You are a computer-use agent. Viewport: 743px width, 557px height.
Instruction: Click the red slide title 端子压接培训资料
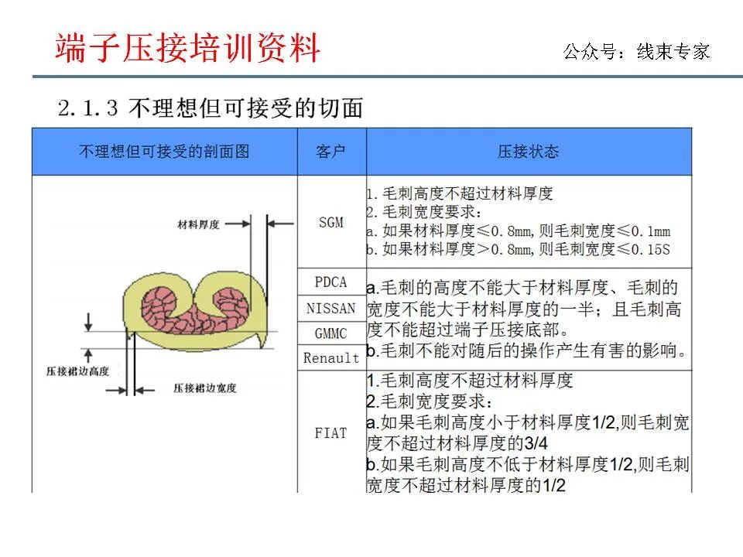pyautogui.click(x=188, y=49)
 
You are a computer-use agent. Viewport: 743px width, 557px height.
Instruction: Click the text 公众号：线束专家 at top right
pyautogui.click(x=636, y=53)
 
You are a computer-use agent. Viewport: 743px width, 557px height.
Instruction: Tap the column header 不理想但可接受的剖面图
pyautogui.click(x=164, y=152)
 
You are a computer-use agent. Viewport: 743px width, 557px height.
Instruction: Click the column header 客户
pyautogui.click(x=331, y=152)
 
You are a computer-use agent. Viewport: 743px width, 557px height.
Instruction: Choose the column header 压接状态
pyautogui.click(x=528, y=152)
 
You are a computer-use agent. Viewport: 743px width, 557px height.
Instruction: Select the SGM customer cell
pyautogui.click(x=331, y=222)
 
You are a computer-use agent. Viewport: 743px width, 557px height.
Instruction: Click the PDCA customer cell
pyautogui.click(x=331, y=282)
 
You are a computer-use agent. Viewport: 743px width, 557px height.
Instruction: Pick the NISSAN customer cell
pyautogui.click(x=331, y=308)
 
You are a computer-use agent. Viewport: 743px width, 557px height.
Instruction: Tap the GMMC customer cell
pyautogui.click(x=331, y=333)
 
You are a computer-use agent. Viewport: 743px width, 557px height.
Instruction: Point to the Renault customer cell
pyautogui.click(x=331, y=358)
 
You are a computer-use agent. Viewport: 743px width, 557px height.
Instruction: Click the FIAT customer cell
pyautogui.click(x=331, y=433)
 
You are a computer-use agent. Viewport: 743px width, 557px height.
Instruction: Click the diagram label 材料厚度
pyautogui.click(x=199, y=224)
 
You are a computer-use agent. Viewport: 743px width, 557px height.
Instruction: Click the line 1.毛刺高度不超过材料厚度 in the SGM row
pyautogui.click(x=460, y=193)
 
